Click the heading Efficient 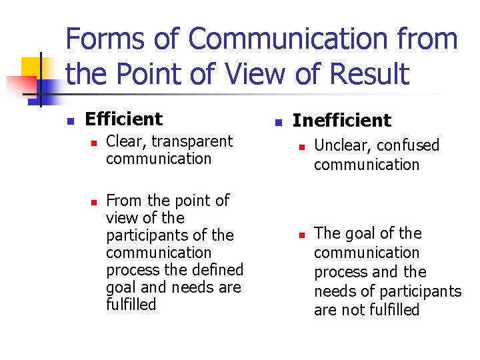(124, 119)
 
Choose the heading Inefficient (342, 121)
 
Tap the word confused (409, 145)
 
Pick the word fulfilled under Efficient (131, 305)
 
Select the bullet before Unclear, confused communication (301, 147)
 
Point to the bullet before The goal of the (301, 235)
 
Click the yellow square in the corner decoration (31, 66)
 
